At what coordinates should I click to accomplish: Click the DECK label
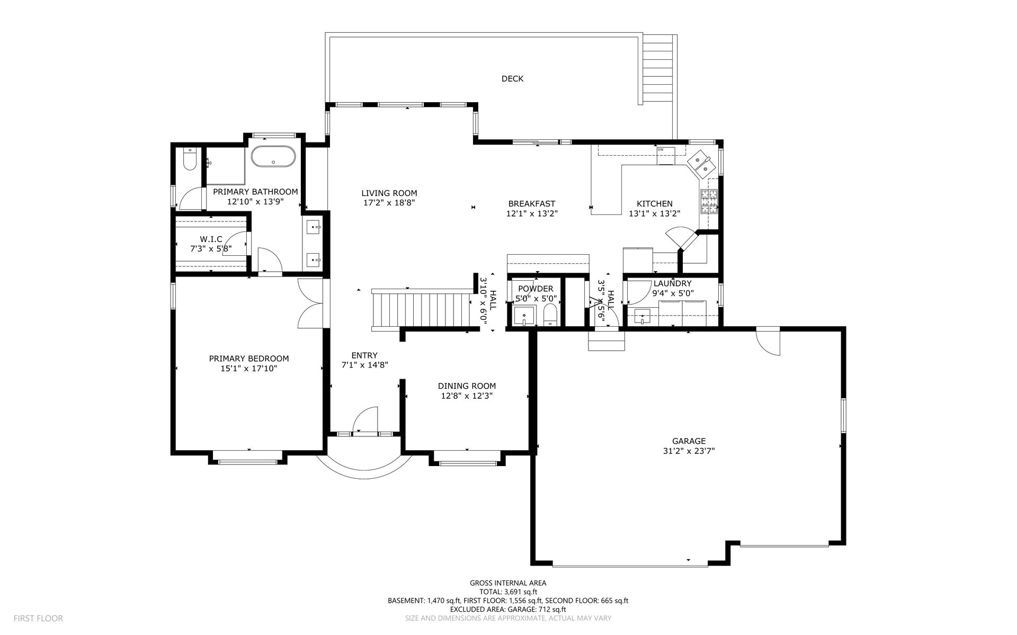pos(512,79)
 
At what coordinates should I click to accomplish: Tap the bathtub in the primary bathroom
pos(273,156)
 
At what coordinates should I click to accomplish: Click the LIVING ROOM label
pos(389,193)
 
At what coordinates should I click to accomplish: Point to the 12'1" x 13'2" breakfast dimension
pos(532,213)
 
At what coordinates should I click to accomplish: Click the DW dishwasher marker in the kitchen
pos(661,150)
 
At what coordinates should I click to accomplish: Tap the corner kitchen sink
pos(701,164)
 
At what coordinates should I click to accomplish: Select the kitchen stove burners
pos(710,201)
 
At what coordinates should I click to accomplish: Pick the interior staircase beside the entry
pos(422,309)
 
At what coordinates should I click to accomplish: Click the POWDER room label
pos(536,289)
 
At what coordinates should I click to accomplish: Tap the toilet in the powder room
pos(550,315)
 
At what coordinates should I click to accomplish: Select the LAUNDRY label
pos(672,284)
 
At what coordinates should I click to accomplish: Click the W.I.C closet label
pos(211,239)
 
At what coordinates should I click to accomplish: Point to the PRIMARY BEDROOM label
pos(249,359)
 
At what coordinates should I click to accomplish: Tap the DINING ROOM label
pos(467,386)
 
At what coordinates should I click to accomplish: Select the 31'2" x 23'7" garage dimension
pos(689,451)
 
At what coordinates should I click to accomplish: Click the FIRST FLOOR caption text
pos(38,618)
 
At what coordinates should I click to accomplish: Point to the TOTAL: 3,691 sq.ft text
pos(508,592)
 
